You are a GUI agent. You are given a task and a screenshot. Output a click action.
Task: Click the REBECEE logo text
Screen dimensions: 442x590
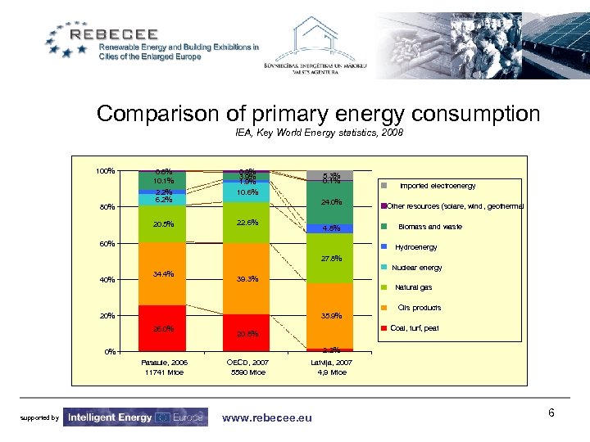[131, 34]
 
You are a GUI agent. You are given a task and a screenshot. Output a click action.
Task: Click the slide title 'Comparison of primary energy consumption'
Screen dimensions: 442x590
[318, 113]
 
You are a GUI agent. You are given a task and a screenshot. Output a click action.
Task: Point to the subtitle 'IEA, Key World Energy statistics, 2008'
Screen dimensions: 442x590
[319, 133]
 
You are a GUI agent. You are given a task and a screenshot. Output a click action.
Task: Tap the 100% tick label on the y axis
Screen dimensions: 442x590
[104, 171]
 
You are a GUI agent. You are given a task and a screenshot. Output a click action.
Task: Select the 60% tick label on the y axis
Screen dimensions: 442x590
[107, 243]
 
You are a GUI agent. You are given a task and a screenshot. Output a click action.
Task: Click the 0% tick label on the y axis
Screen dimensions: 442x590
[110, 352]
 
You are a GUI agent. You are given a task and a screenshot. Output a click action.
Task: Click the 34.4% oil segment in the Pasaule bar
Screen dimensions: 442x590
[163, 274]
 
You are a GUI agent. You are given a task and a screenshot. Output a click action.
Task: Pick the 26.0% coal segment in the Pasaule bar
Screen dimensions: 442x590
[163, 329]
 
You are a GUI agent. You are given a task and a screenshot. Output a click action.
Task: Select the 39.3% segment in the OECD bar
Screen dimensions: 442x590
[247, 278]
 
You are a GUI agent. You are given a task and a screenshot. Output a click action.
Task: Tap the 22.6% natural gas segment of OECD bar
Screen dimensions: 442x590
[247, 223]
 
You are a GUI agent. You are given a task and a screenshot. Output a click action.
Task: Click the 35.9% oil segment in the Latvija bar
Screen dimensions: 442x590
[331, 316]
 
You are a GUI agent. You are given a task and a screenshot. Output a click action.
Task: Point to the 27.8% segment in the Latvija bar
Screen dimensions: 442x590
[331, 259]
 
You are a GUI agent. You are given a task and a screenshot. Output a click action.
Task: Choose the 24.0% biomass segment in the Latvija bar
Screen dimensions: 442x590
[331, 202]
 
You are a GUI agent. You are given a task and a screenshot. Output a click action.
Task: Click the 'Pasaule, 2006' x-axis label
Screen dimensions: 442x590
[164, 362]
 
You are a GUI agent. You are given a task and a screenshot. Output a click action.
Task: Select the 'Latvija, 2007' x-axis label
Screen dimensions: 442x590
[331, 362]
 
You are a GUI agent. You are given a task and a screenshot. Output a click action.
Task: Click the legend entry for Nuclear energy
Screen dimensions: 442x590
[418, 268]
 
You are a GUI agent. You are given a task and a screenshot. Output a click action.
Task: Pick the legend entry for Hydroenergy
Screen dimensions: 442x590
[415, 247]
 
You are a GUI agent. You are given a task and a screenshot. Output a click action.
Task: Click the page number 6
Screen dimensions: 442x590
[551, 413]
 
